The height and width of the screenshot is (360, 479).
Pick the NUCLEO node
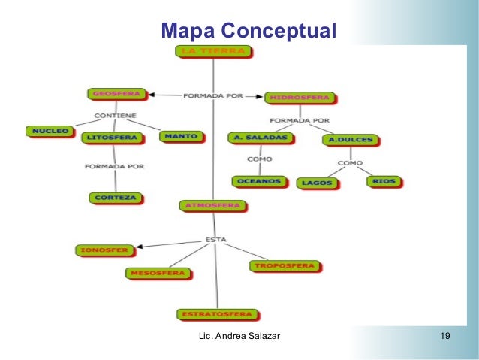coord(50,131)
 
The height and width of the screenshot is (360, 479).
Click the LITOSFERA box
coord(112,138)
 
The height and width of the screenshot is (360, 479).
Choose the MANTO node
coord(181,137)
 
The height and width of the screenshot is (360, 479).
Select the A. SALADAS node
coord(261,138)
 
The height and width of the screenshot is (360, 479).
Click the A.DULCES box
coord(350,139)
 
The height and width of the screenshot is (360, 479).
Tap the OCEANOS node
coord(259,181)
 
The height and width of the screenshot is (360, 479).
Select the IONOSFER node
coord(104,249)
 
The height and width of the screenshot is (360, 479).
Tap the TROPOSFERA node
coord(284,265)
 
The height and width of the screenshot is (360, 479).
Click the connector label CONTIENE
coord(114,116)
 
